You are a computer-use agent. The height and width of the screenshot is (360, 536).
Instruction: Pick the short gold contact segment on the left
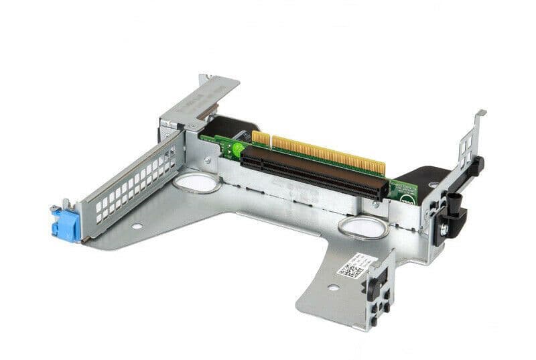click(261, 139)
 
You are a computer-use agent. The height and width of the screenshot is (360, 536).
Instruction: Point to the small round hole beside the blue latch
click(137, 227)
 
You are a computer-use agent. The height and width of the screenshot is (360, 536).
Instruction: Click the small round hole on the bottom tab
click(332, 288)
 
